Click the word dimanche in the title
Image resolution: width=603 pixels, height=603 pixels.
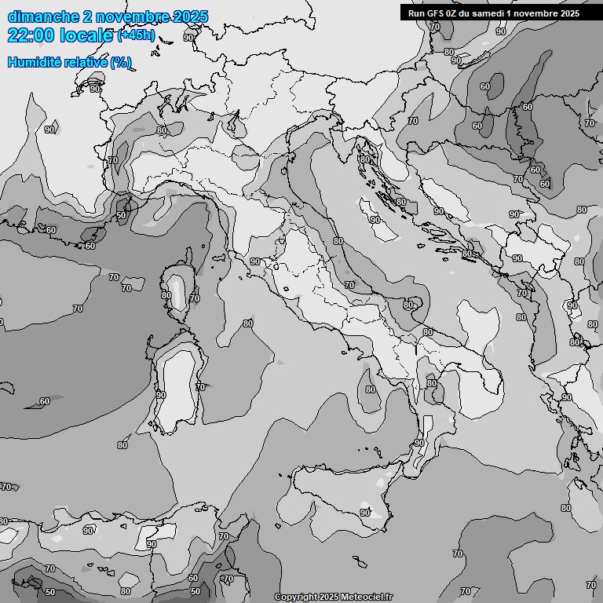pyautogui.click(x=42, y=16)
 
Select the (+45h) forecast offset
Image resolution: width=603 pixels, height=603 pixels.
pyautogui.click(x=136, y=36)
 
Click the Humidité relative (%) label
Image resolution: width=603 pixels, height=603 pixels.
pyautogui.click(x=69, y=63)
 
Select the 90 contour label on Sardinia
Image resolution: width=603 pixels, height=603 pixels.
pyautogui.click(x=161, y=395)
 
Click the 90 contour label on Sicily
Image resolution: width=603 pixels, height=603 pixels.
pyautogui.click(x=365, y=513)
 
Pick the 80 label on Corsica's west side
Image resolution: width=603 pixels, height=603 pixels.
pyautogui.click(x=166, y=296)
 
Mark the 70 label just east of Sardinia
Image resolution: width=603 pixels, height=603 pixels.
pyautogui.click(x=200, y=387)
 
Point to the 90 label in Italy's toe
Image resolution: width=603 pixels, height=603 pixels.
pyautogui.click(x=419, y=444)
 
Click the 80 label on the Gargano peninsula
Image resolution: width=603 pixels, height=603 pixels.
pyautogui.click(x=408, y=305)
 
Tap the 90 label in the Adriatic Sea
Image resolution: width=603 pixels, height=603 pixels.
pyautogui.click(x=375, y=221)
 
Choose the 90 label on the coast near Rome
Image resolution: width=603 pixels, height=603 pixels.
pyautogui.click(x=255, y=262)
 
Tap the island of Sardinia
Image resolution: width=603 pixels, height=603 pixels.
pyautogui.click(x=177, y=385)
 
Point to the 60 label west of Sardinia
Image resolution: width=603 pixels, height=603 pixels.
pyautogui.click(x=45, y=402)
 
